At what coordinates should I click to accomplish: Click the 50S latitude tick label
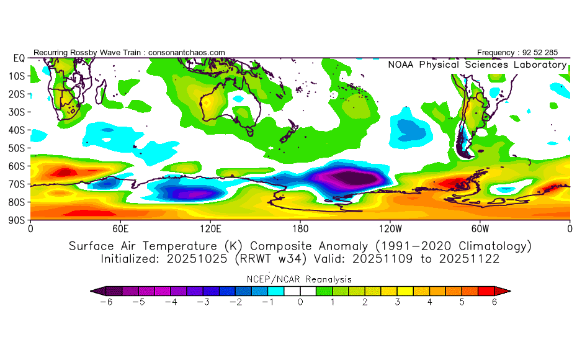(16, 148)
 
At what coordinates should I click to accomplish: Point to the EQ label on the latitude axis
(19, 58)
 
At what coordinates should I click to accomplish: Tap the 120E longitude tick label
(210, 229)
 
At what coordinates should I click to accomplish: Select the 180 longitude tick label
(300, 229)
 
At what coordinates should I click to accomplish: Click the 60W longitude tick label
(480, 229)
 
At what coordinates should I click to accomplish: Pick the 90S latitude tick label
(16, 220)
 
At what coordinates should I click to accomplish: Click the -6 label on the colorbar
(106, 302)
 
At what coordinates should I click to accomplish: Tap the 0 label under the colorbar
(300, 302)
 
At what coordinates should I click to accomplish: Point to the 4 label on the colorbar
(429, 302)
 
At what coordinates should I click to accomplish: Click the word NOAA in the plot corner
(401, 65)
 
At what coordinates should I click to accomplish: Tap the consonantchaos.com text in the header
(187, 53)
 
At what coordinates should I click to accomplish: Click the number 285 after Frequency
(551, 53)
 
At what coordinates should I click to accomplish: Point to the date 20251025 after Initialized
(197, 259)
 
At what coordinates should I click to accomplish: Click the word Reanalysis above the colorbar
(329, 279)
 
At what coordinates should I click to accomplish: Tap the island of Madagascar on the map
(101, 91)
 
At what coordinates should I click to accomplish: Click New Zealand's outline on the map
(289, 132)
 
